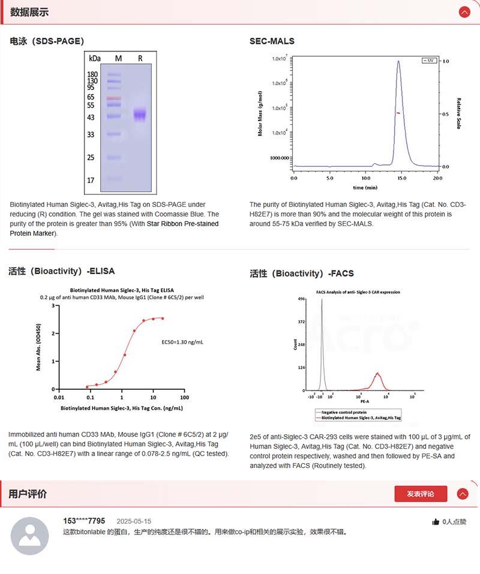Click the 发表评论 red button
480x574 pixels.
(x=421, y=494)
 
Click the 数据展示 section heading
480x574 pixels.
(x=29, y=12)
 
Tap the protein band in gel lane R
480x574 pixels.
(x=140, y=114)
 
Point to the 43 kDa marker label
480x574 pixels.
(x=91, y=118)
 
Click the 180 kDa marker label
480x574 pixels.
(x=92, y=74)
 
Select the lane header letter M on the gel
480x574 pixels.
(x=118, y=58)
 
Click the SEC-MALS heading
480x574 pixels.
(x=272, y=41)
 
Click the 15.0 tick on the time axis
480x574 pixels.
(x=401, y=178)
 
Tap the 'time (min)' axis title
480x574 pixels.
(x=365, y=187)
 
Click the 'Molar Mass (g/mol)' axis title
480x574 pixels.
(x=260, y=113)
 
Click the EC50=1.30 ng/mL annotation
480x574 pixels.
(x=182, y=342)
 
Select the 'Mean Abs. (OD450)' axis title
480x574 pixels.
(x=39, y=347)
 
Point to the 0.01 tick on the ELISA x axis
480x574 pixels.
(x=58, y=397)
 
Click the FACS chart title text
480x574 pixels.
(x=358, y=292)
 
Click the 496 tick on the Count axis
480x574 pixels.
(x=302, y=299)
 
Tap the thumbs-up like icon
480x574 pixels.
(x=436, y=522)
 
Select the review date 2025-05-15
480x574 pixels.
(x=134, y=521)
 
